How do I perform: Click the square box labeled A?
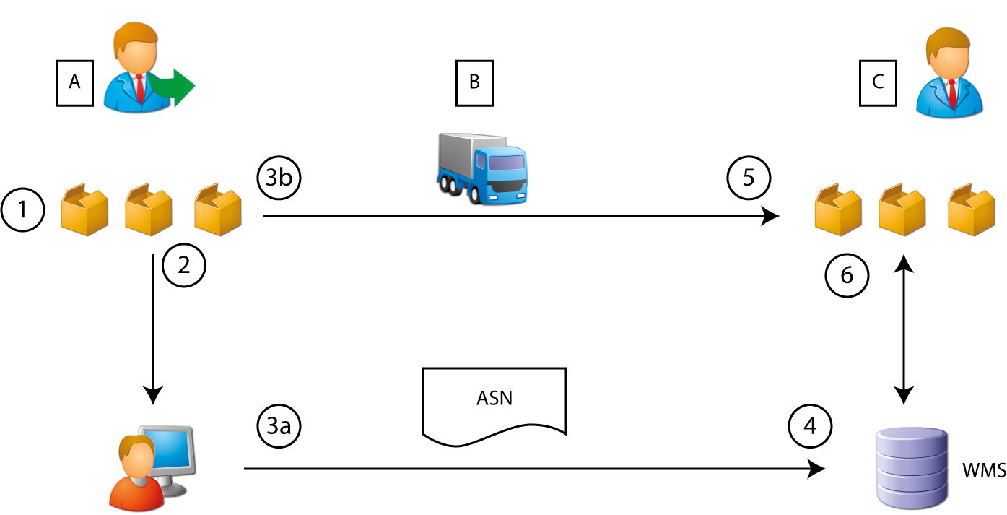(x=74, y=83)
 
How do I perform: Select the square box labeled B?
(x=474, y=83)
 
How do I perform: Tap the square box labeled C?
(x=878, y=83)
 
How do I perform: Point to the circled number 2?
(x=184, y=267)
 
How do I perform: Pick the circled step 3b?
(x=278, y=179)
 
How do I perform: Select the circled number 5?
(x=749, y=178)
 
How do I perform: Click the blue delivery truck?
(x=481, y=168)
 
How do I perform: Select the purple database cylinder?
(x=910, y=469)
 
